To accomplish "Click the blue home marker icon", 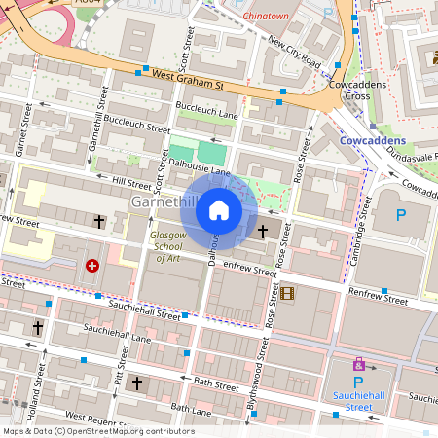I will pos(219,209).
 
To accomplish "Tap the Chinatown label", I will pos(270,17).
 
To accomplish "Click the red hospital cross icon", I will pos(92,265).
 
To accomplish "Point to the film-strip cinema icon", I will pos(287,292).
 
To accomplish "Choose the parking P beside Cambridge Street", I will pos(400,214).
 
